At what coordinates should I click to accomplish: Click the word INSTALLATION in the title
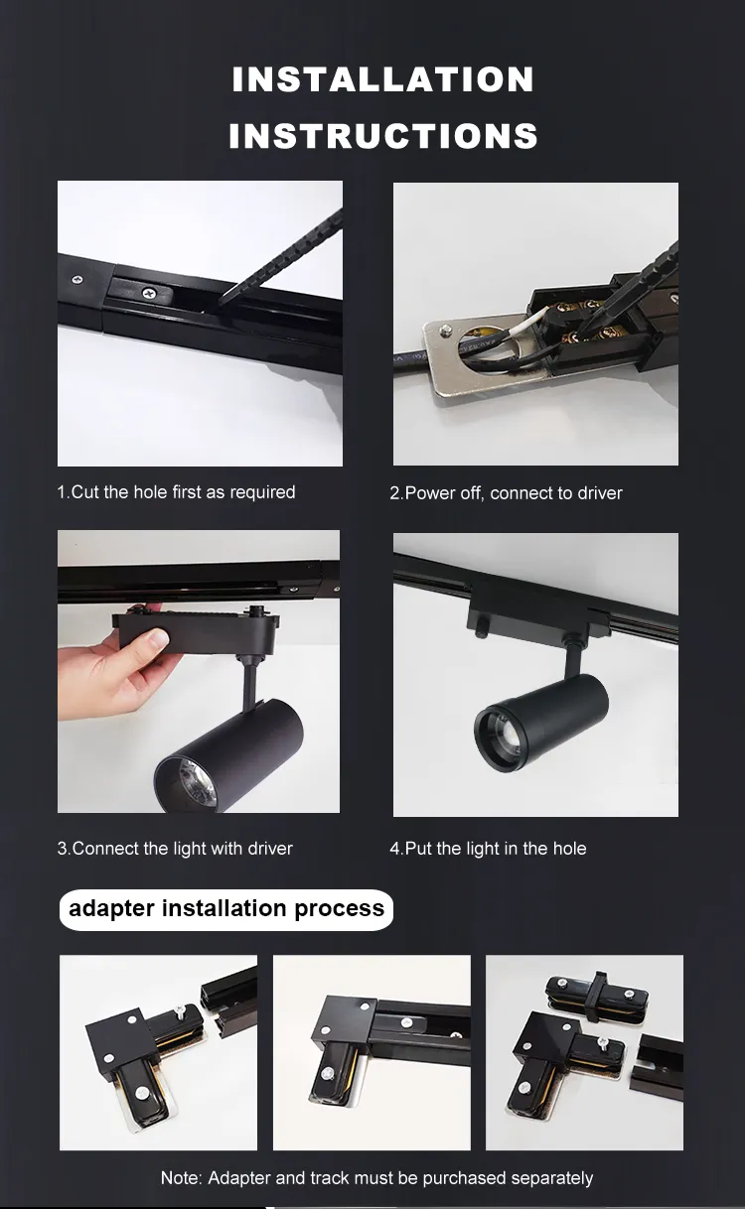[382, 79]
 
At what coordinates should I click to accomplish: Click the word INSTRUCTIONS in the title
[382, 136]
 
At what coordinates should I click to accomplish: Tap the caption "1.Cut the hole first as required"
[176, 492]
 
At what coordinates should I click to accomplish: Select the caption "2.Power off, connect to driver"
[506, 493]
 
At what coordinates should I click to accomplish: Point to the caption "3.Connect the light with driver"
[175, 849]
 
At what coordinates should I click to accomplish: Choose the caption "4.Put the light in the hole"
[488, 849]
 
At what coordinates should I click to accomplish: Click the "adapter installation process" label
[226, 909]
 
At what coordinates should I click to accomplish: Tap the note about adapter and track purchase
[376, 1178]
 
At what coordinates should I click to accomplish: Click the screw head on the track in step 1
[149, 293]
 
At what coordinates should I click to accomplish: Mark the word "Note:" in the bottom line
[182, 1178]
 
